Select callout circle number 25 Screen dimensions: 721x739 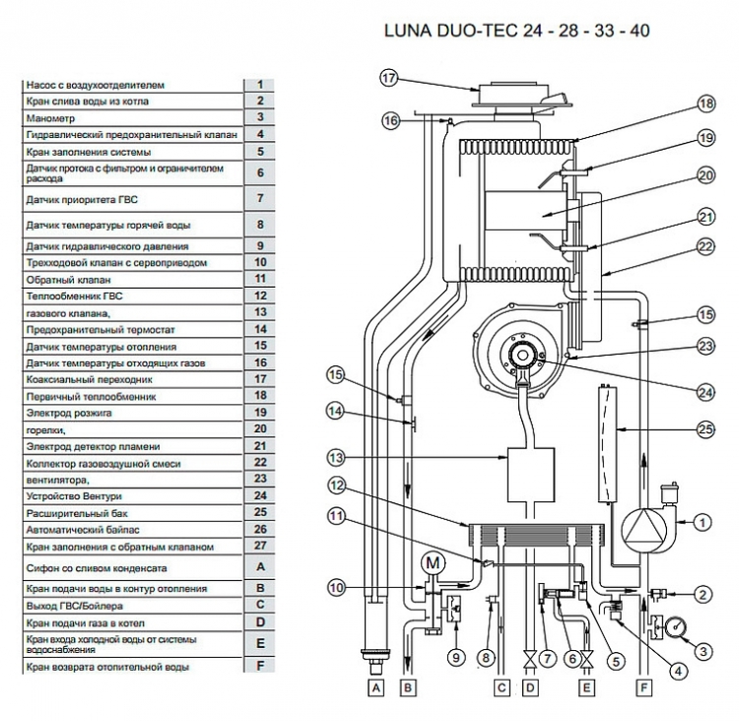click(x=705, y=429)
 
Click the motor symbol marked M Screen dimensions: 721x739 click(x=433, y=563)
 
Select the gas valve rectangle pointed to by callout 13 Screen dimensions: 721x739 click(x=529, y=476)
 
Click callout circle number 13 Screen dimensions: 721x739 click(x=336, y=457)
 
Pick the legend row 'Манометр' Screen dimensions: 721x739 click(x=131, y=117)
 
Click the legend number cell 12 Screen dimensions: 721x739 click(x=260, y=295)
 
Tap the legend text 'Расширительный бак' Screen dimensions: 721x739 click(x=131, y=512)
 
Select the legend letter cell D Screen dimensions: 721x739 click(x=260, y=623)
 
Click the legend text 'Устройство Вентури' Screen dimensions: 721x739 click(x=131, y=496)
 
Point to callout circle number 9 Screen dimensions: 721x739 click(x=455, y=656)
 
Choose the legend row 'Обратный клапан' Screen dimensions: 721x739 click(x=131, y=279)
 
